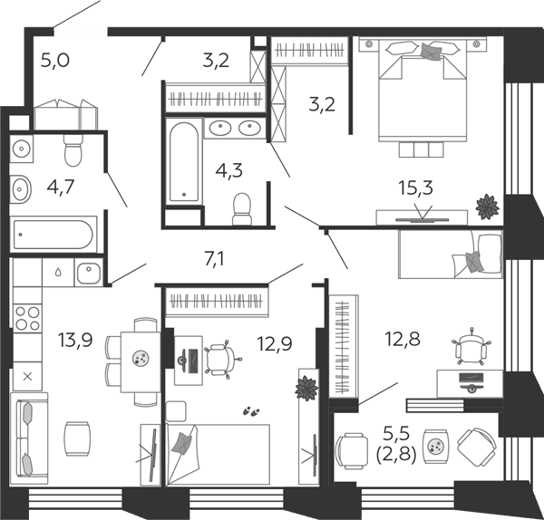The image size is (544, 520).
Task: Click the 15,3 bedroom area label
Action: pos(415,189)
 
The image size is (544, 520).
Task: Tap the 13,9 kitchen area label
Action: pos(75,340)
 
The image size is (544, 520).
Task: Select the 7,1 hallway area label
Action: pos(214,259)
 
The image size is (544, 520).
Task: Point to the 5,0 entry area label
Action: pos(55,60)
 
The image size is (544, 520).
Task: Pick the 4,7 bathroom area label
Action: pos(61,188)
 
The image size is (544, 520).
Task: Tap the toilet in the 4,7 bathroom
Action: pos(73,150)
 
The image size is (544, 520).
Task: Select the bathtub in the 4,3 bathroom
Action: pos(184,162)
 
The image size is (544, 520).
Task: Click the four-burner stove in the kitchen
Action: pos(27,318)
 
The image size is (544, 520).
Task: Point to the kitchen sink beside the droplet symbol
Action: pos(89,273)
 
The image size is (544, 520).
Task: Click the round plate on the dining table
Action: pos(141,358)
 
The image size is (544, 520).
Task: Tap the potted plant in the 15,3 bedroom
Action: pos(488,207)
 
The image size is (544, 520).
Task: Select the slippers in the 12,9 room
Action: pos(251,411)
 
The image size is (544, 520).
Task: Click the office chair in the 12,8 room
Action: pos(471,347)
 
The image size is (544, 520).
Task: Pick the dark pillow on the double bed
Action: pos(431,52)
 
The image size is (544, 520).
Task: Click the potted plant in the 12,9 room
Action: pos(306,388)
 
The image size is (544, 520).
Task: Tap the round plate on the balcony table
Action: pos(434,447)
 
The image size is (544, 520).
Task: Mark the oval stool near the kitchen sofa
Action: pos(78,438)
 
